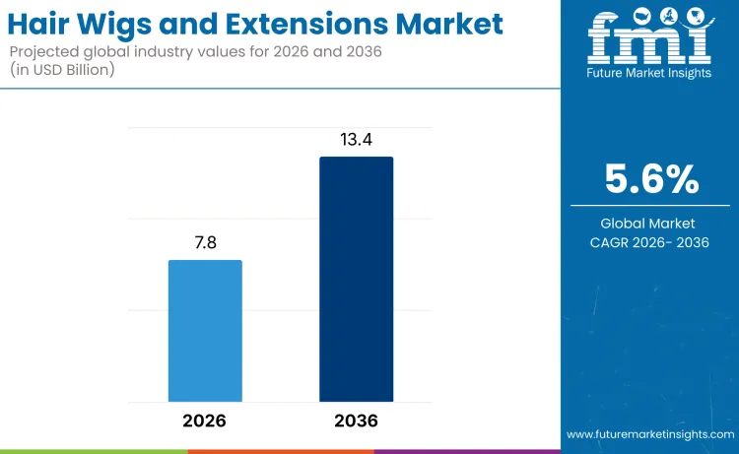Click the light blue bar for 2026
tap(205, 331)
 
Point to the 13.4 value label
tap(356, 139)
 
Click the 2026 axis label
tap(205, 421)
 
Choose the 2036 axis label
tap(356, 421)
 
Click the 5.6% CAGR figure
tap(649, 180)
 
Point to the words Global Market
tap(649, 224)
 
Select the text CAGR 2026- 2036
tap(649, 242)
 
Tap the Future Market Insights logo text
tap(649, 74)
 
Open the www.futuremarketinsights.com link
tap(650, 434)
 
